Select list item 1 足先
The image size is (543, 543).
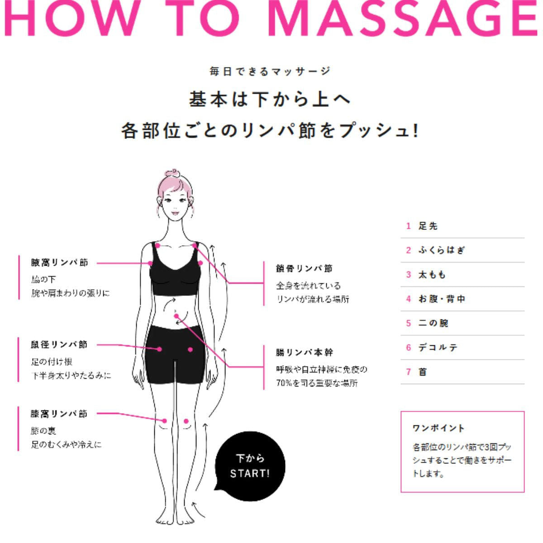click(x=428, y=226)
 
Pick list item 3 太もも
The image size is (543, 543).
click(x=432, y=275)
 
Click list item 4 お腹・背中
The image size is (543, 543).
click(x=442, y=299)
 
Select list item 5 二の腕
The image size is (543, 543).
click(x=433, y=323)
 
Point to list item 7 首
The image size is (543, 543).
click(x=423, y=372)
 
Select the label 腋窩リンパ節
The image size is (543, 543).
click(x=59, y=262)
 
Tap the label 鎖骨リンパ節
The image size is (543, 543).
click(x=304, y=268)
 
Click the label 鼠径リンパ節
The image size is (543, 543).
click(x=59, y=345)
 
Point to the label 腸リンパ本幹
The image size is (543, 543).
click(x=304, y=352)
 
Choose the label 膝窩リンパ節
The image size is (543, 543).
click(x=59, y=414)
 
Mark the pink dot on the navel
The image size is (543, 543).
click(x=176, y=316)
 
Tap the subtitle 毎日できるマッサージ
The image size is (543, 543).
click(x=270, y=71)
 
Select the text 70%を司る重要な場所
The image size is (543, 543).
click(x=317, y=383)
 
